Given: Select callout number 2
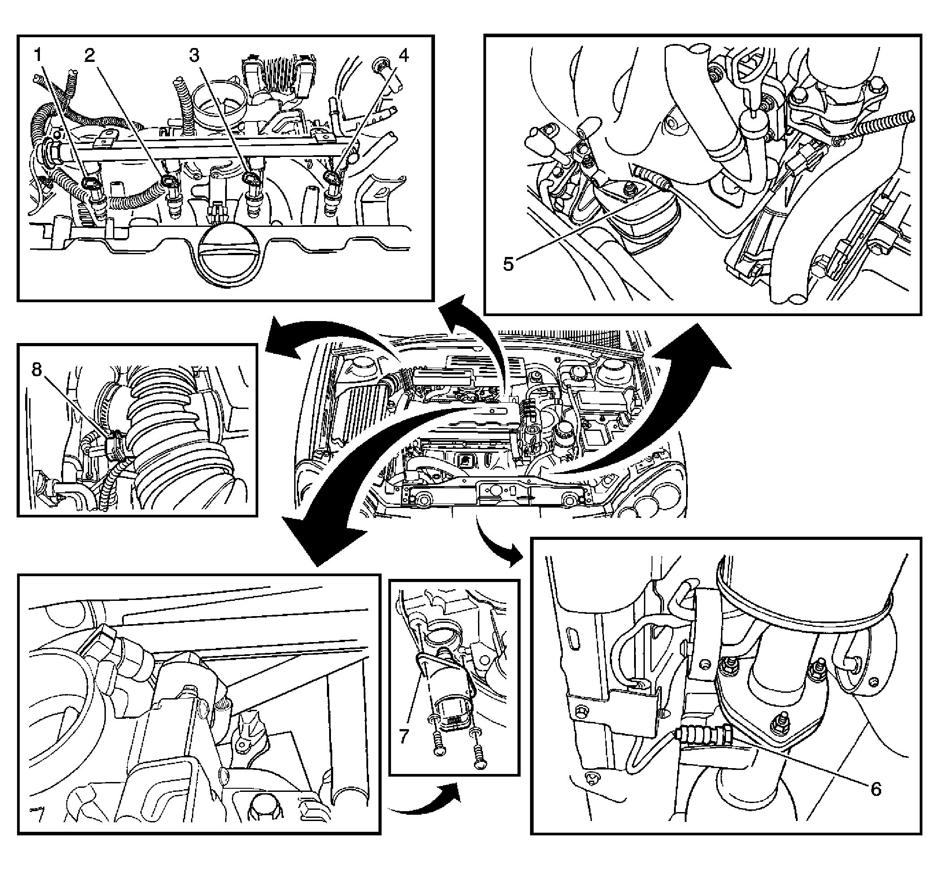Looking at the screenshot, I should (89, 55).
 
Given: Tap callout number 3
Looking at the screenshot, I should (194, 55).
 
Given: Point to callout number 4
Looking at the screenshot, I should (404, 55).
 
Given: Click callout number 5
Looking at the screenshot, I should (509, 264).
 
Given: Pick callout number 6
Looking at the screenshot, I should (875, 789).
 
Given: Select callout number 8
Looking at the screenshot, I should (37, 370).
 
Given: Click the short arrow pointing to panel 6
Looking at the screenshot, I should (496, 541).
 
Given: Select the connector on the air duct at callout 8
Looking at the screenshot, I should (114, 448).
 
